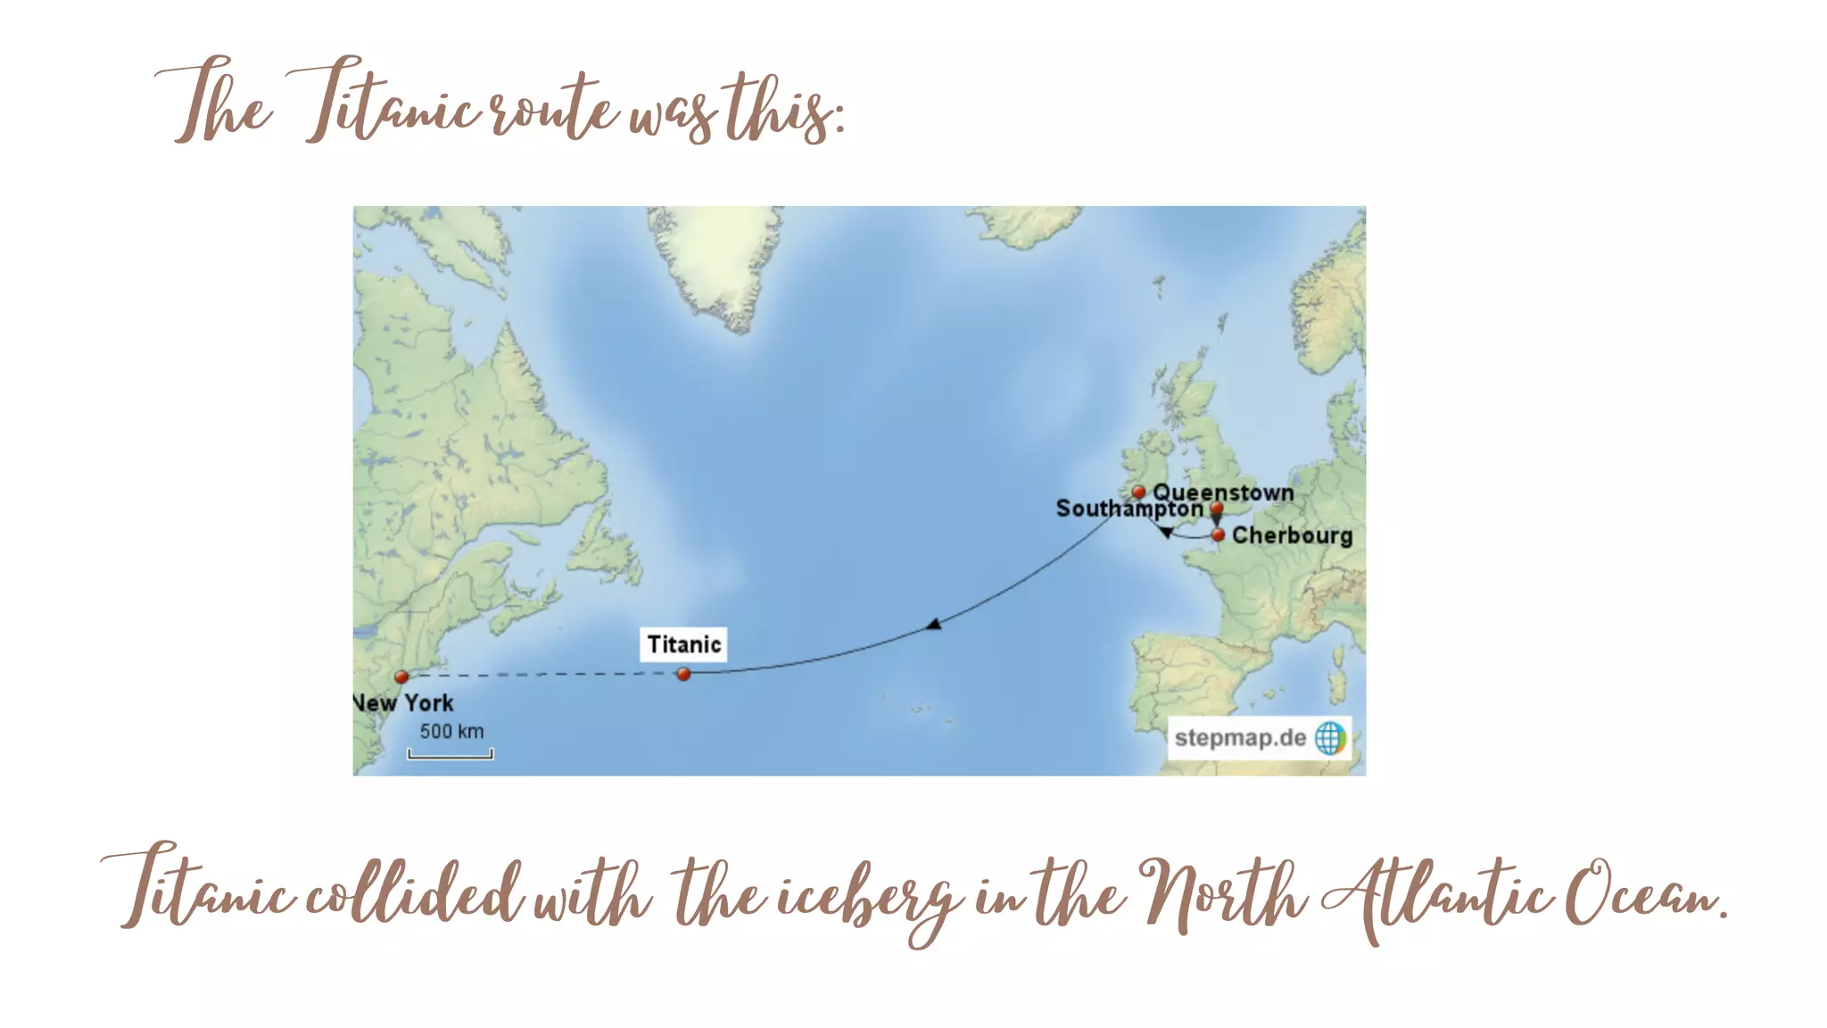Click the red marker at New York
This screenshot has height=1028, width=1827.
(x=401, y=676)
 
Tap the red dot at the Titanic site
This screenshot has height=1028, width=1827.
(x=683, y=674)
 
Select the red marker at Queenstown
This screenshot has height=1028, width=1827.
(x=1138, y=492)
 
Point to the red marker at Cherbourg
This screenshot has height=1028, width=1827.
(x=1218, y=535)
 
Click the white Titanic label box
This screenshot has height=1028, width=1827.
(x=683, y=644)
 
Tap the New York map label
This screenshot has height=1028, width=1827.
(x=403, y=703)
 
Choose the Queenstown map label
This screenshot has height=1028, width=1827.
(x=1223, y=493)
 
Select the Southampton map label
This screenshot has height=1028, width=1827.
(x=1128, y=509)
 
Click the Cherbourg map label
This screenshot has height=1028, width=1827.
(x=1292, y=535)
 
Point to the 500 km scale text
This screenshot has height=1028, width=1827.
(x=451, y=732)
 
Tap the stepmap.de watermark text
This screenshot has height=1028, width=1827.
(x=1240, y=738)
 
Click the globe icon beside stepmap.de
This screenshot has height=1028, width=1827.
(x=1330, y=738)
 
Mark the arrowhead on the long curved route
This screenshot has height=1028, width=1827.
(x=933, y=624)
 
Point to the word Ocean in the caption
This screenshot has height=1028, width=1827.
(x=1646, y=892)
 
